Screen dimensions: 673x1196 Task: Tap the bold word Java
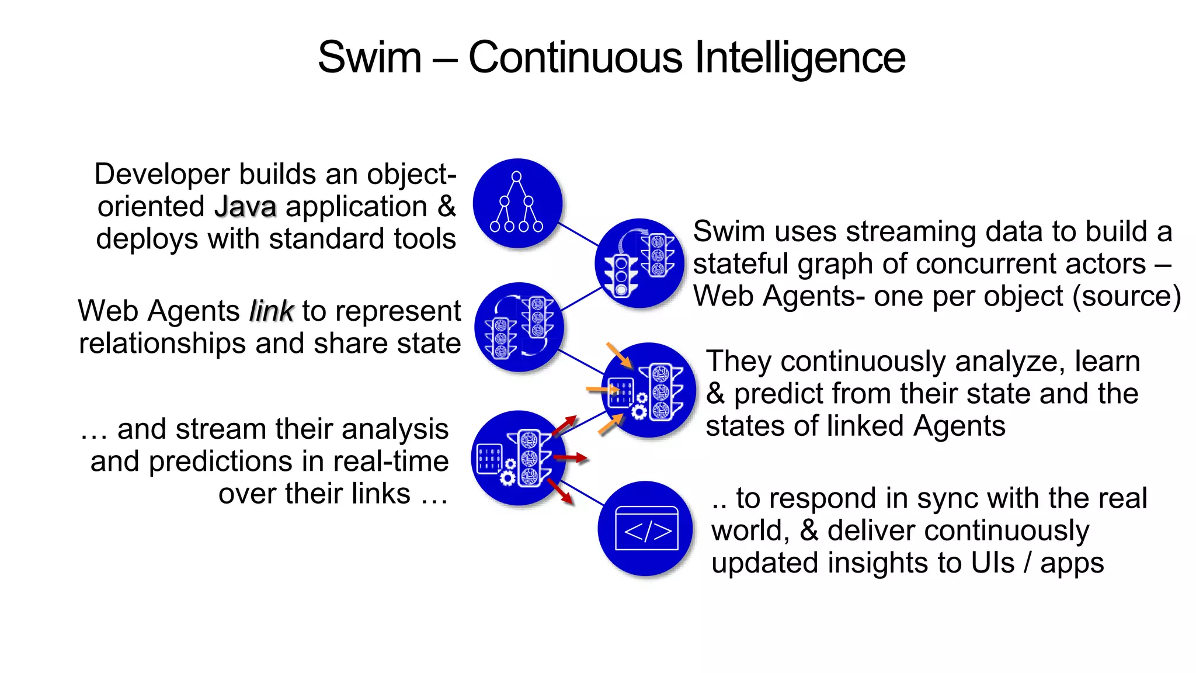(245, 207)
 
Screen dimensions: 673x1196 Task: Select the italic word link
(271, 311)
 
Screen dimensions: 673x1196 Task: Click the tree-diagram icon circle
(517, 203)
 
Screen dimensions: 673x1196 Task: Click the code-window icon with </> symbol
(646, 529)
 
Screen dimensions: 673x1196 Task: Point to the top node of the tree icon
(516, 176)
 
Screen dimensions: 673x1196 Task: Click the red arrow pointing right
(571, 457)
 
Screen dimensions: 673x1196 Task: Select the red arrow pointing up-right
(564, 425)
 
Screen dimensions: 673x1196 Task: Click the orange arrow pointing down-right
(619, 355)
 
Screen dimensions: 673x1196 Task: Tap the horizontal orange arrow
(602, 389)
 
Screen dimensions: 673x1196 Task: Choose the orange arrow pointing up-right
(611, 424)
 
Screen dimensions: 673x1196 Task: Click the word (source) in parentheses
(1127, 296)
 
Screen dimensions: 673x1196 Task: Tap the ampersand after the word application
(447, 207)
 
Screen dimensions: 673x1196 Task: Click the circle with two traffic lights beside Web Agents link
(519, 327)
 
